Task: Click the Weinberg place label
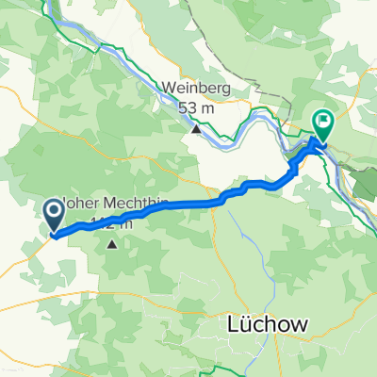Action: coord(195,88)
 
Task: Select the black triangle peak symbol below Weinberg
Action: coord(196,129)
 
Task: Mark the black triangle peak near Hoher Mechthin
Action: coord(113,245)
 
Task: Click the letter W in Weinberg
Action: coord(168,88)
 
